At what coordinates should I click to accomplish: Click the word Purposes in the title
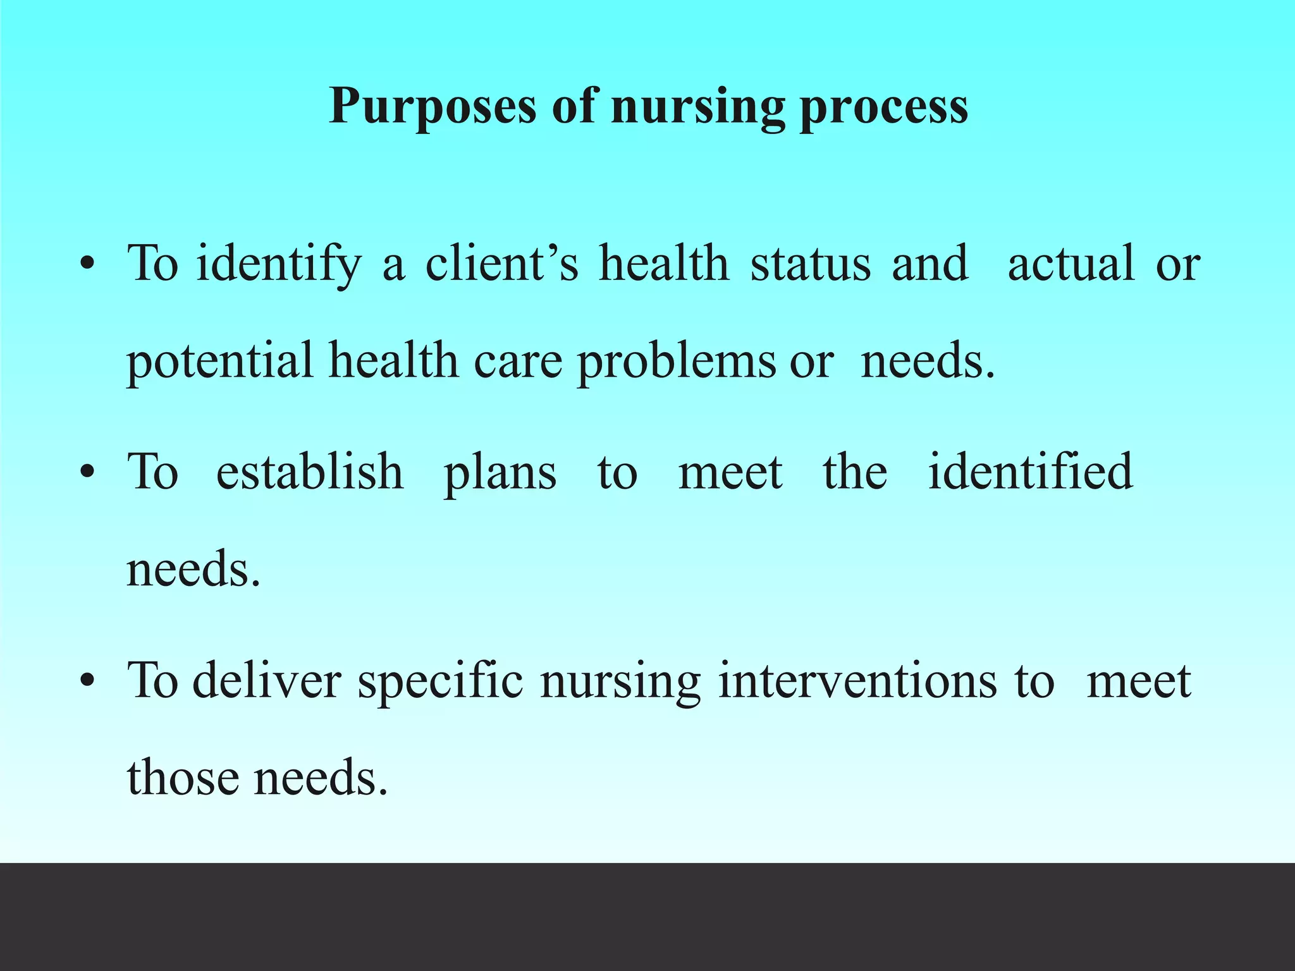tap(433, 106)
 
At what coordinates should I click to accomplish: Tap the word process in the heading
tap(883, 106)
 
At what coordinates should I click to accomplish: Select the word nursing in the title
tap(697, 106)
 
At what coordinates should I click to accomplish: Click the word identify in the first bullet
tap(278, 263)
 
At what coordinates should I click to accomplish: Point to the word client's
tap(501, 263)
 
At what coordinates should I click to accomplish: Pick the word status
tap(811, 263)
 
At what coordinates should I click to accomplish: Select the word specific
tap(440, 681)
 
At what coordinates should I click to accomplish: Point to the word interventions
tap(857, 681)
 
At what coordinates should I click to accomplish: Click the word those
tap(183, 777)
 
